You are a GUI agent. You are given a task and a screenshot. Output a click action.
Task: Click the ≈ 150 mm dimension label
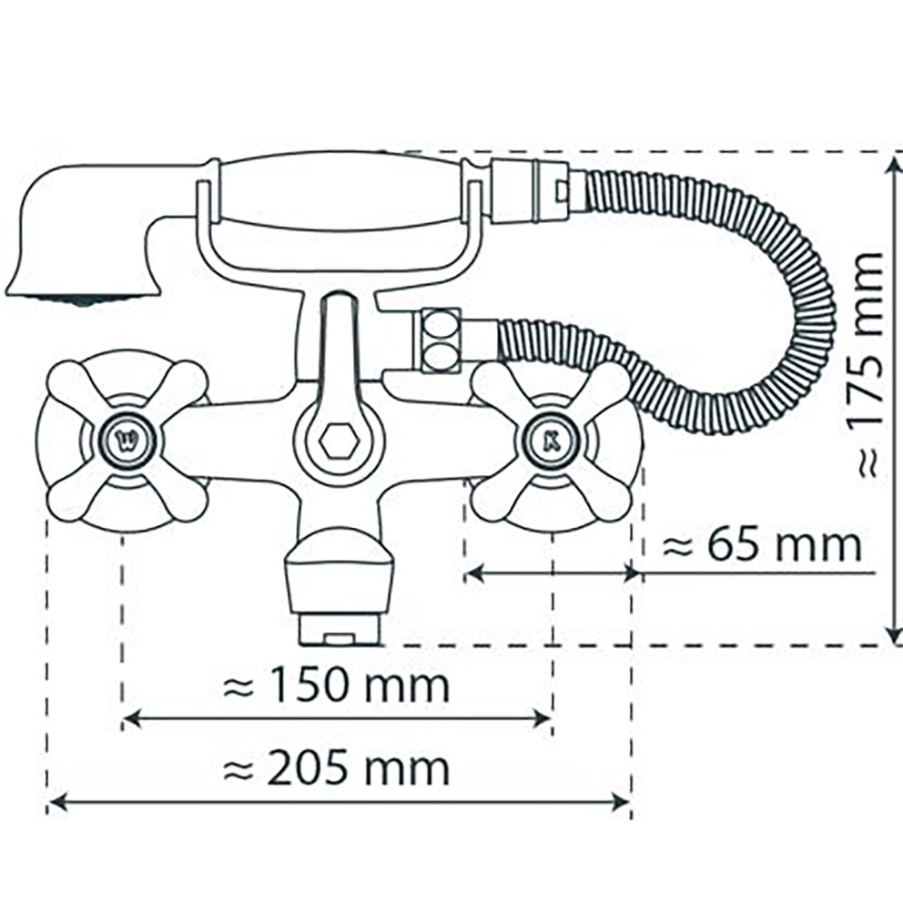pos(336,685)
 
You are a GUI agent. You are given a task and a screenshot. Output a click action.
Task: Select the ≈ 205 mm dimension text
pos(336,767)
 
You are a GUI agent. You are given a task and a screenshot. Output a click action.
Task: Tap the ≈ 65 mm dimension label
pos(762,544)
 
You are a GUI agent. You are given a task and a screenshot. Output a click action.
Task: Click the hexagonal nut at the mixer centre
pos(340,441)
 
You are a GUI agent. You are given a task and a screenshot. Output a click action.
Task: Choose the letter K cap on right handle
pos(551,441)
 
